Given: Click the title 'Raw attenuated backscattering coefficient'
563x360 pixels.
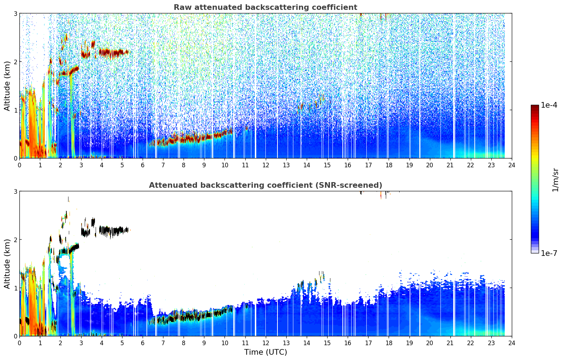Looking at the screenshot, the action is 265,7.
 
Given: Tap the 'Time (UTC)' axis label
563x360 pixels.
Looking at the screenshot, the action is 265,352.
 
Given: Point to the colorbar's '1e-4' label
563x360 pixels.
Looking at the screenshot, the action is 549,105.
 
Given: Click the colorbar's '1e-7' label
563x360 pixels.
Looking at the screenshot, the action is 549,253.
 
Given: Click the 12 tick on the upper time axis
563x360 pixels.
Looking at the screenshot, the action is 266,165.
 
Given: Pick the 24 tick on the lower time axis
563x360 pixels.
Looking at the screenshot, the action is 512,343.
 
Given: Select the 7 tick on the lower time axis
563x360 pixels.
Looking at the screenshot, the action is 163,343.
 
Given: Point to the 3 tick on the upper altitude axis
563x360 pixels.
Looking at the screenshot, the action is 15,13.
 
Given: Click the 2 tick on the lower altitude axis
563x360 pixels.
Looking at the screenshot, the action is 15,240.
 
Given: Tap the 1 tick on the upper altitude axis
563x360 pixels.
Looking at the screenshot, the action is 15,110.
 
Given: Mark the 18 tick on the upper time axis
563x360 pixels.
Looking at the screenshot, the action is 389,165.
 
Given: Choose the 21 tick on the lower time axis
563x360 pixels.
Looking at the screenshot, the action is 450,343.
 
